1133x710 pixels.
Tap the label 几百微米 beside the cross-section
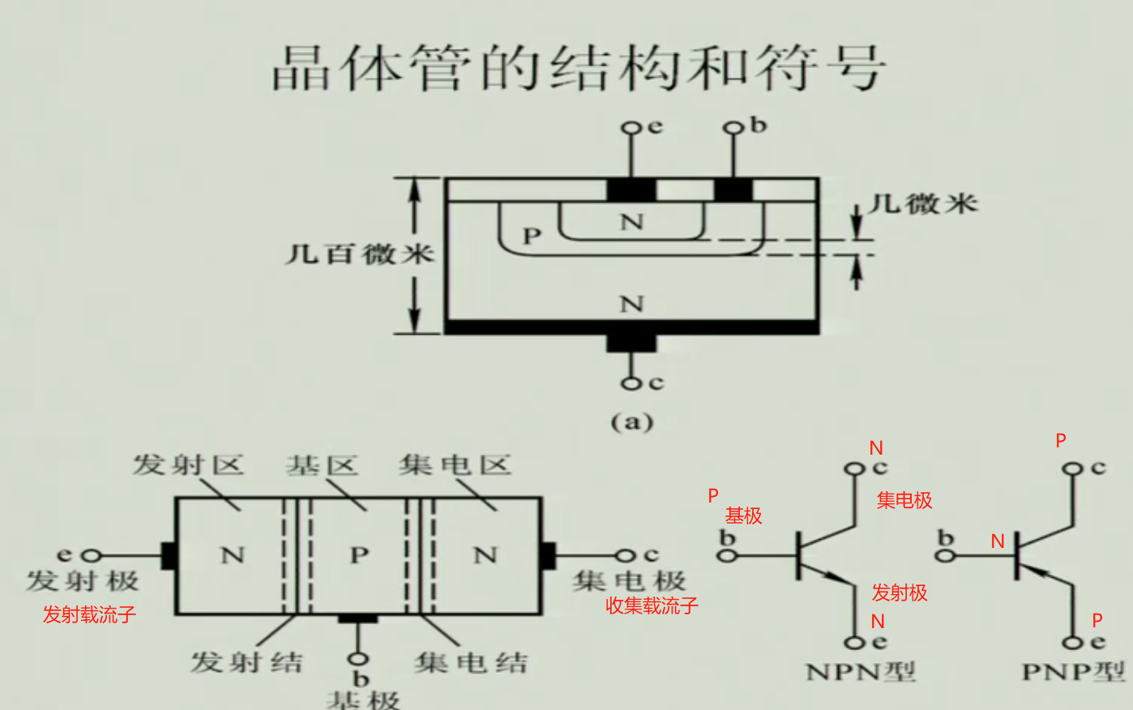point(359,254)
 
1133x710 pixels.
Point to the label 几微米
point(923,203)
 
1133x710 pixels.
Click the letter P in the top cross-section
point(532,236)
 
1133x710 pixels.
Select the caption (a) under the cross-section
point(631,421)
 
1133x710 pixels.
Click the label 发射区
point(188,465)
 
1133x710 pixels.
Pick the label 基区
point(322,465)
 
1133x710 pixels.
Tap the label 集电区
point(455,465)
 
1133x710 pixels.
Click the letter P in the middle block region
point(359,555)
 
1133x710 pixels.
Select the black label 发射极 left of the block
point(83,580)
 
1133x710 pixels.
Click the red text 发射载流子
point(89,614)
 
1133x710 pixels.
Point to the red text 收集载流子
point(652,605)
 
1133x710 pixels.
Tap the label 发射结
point(246,662)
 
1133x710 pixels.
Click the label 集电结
point(471,662)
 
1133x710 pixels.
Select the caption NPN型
point(861,672)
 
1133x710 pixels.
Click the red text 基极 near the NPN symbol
point(743,515)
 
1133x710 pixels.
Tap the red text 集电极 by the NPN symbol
point(904,500)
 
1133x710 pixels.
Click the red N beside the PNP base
point(998,541)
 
